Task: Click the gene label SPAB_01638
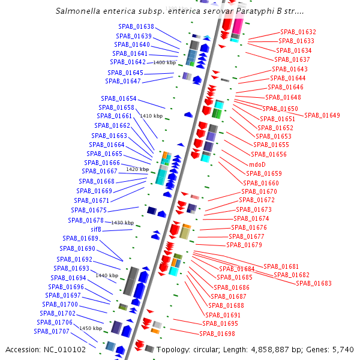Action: tap(137, 27)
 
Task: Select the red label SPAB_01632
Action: tap(298, 32)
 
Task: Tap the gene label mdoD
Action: tap(257, 164)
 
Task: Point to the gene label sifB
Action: tap(96, 229)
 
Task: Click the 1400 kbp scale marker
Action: tap(164, 62)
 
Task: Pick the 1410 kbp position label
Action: tap(151, 116)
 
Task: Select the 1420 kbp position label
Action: tap(137, 169)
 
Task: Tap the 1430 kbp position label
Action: tap(122, 223)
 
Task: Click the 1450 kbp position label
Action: tap(91, 328)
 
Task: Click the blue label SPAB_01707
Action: tap(52, 331)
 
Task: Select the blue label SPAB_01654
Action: tap(119, 98)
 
